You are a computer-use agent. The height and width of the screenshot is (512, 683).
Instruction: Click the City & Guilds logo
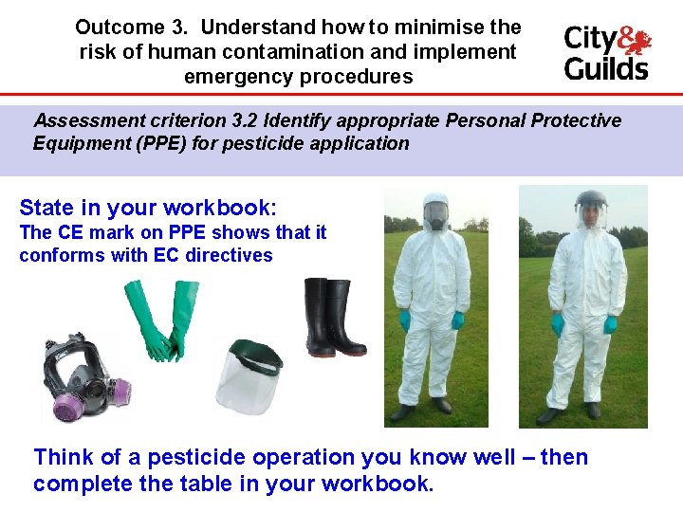click(x=607, y=52)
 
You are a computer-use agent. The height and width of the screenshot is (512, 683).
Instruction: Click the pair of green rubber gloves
click(x=158, y=320)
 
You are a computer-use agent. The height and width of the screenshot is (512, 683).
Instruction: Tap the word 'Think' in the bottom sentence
click(x=63, y=457)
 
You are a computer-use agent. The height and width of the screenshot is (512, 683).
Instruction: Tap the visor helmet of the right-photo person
click(x=590, y=207)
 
